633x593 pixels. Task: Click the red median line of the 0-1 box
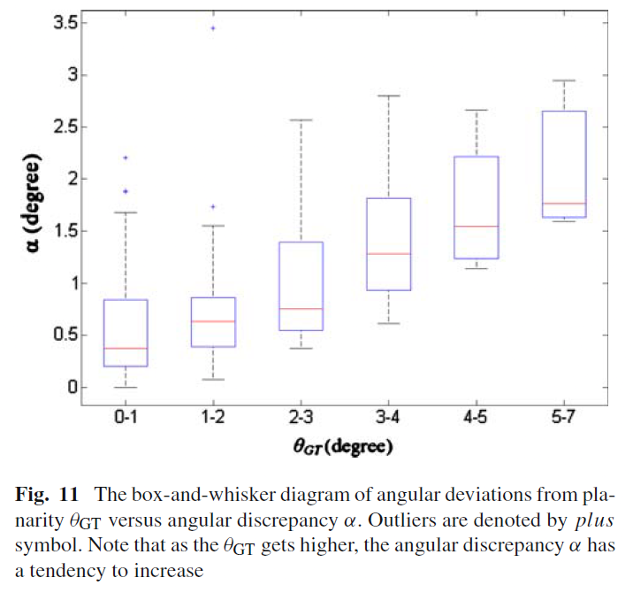click(x=126, y=348)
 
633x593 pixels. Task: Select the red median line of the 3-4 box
click(x=389, y=254)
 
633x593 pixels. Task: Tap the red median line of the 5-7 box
click(x=564, y=204)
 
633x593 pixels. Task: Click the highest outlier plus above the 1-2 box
click(x=213, y=28)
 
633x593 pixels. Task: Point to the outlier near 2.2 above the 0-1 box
click(x=126, y=158)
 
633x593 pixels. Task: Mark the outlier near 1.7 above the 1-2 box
click(x=213, y=206)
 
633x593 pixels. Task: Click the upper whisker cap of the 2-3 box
click(x=301, y=120)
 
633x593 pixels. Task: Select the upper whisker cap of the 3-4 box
click(x=389, y=96)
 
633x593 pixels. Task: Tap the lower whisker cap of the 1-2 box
click(x=213, y=379)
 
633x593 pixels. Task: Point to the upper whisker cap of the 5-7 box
click(x=564, y=81)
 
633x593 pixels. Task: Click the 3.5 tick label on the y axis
click(x=65, y=23)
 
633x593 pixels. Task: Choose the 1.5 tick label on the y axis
click(x=65, y=231)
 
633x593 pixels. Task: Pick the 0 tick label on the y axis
click(x=72, y=388)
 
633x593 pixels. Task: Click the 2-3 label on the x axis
click(x=301, y=416)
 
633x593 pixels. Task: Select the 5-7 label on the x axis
click(x=563, y=416)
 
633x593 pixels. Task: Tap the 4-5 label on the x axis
click(x=476, y=416)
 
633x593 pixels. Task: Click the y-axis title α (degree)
click(x=32, y=203)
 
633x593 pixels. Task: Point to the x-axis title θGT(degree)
click(x=343, y=447)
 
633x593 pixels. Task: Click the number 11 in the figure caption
click(x=69, y=495)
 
